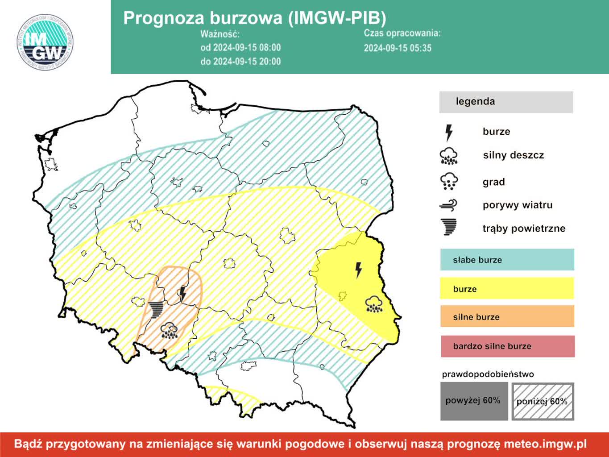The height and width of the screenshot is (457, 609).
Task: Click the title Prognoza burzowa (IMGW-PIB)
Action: tap(254, 18)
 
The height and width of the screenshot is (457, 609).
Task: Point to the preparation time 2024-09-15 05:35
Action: tap(398, 48)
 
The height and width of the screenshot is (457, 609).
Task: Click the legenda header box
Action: tap(506, 102)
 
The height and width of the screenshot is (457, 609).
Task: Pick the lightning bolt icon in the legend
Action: tap(449, 133)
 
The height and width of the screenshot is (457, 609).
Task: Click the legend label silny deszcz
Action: tap(513, 155)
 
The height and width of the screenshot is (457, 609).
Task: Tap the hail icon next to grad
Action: tap(449, 181)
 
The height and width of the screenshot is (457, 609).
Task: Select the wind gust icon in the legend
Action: tap(449, 205)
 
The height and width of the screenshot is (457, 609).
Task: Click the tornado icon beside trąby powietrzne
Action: tap(449, 227)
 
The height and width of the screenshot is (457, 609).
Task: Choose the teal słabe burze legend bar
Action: tap(507, 260)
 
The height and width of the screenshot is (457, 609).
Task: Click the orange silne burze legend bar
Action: tap(507, 317)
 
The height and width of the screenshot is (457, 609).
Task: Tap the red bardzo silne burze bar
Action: tap(507, 346)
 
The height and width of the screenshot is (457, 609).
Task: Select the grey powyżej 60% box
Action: tap(474, 401)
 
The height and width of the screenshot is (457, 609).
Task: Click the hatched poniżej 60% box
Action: tap(543, 401)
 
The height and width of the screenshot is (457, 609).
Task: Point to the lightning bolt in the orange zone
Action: tap(182, 294)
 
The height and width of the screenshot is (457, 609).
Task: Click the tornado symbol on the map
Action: tap(156, 309)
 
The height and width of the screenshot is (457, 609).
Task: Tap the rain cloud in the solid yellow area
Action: tap(373, 304)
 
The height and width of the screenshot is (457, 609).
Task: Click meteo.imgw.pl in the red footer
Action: tap(545, 444)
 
